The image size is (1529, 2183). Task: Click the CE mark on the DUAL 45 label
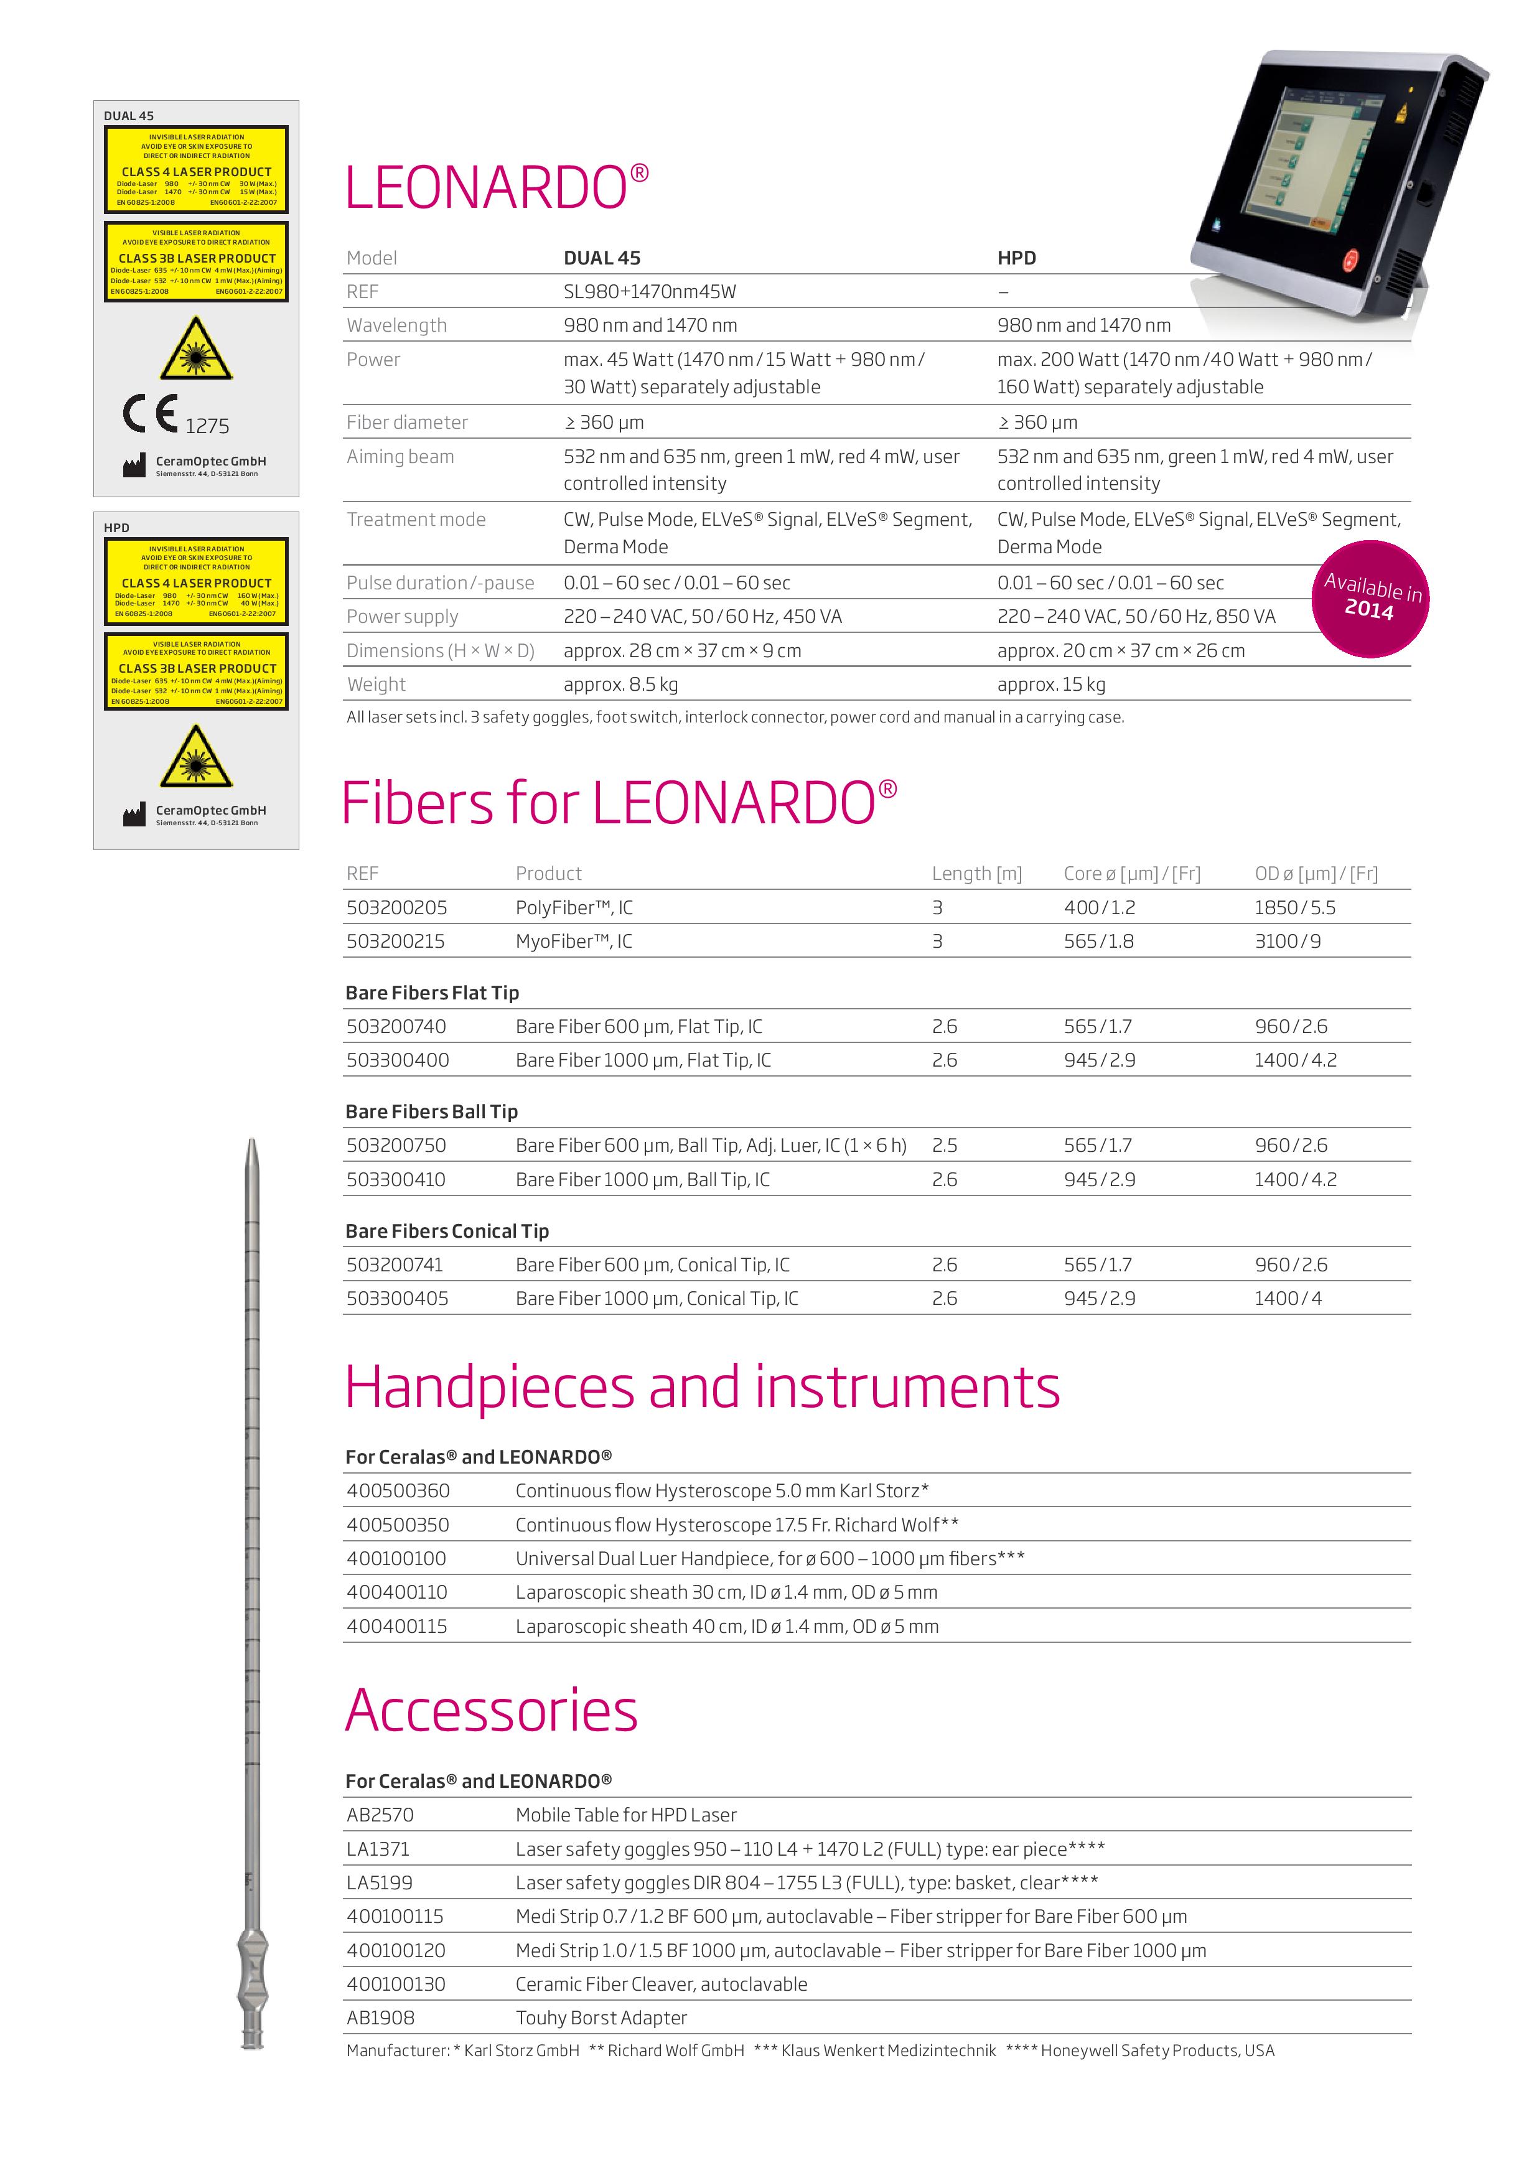coord(150,414)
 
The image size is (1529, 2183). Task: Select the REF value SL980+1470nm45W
coord(650,292)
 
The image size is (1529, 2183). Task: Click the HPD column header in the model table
coord(1016,258)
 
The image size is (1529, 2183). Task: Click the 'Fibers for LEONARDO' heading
coord(618,803)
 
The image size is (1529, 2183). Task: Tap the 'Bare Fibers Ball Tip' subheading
coord(432,1111)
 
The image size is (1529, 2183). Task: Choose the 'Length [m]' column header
coord(976,874)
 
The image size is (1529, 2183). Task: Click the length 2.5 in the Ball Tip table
coord(944,1146)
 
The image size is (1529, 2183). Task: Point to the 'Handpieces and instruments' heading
coord(702,1388)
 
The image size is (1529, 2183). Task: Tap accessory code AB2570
coord(380,1815)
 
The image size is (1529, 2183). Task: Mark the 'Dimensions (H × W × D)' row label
coord(440,650)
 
